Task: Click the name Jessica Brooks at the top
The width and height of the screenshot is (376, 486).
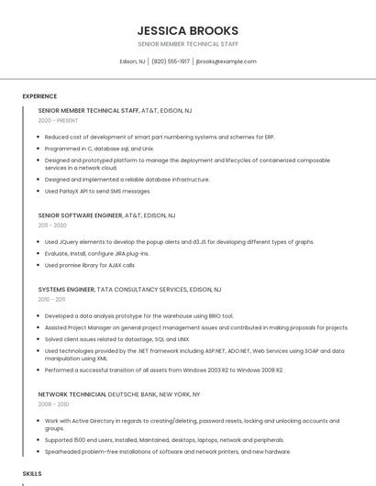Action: click(x=187, y=30)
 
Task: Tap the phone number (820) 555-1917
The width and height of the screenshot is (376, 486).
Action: click(x=171, y=61)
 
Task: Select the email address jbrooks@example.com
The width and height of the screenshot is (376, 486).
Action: click(x=226, y=61)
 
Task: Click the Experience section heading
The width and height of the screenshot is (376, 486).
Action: click(x=39, y=95)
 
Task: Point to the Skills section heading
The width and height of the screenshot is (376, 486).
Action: click(x=32, y=473)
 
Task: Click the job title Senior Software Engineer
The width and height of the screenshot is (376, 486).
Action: click(x=80, y=215)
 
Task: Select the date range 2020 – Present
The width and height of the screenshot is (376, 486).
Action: click(x=59, y=120)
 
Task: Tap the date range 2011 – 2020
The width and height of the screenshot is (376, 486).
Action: click(x=52, y=225)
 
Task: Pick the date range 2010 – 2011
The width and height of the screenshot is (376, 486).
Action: click(x=51, y=299)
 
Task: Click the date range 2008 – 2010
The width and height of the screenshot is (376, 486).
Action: click(x=53, y=403)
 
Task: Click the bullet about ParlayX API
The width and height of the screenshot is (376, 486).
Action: click(x=98, y=191)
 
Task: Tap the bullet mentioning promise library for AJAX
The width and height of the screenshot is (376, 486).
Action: click(x=90, y=265)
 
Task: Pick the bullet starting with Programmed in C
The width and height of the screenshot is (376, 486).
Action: click(x=99, y=148)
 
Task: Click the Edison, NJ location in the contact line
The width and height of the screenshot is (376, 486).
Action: click(x=133, y=61)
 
